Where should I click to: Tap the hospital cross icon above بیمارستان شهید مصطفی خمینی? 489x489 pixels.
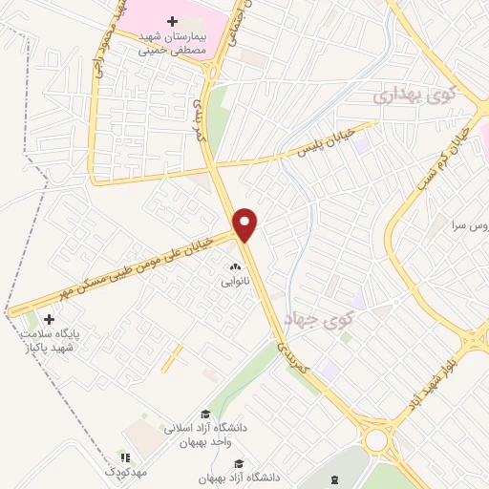point(172,21)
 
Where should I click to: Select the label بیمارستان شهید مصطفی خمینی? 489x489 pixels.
point(172,42)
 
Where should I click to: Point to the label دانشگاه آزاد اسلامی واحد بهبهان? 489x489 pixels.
point(204,435)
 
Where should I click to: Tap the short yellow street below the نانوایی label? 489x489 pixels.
point(172,359)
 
